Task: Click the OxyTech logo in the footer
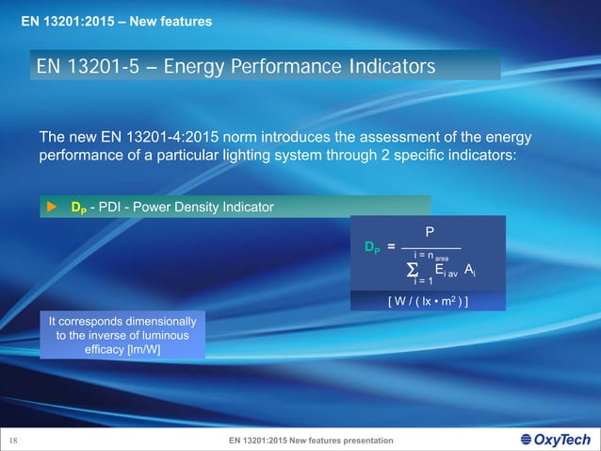pos(555,440)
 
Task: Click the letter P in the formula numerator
pos(430,229)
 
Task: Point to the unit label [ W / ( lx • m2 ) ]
pos(429,301)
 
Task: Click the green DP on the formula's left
pos(372,247)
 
